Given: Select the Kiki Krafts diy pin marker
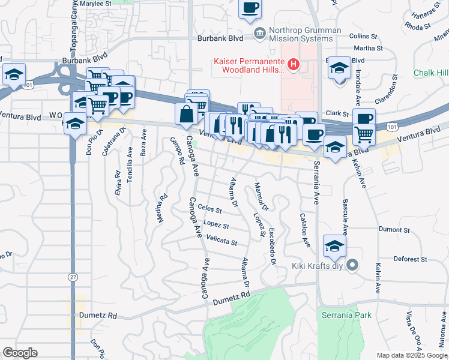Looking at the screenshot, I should coord(353,265).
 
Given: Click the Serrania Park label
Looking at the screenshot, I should coord(346,315).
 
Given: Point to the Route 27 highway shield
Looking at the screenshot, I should coord(73,277).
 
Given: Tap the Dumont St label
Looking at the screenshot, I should coord(394,229).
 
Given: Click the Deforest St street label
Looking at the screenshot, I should coord(410,260).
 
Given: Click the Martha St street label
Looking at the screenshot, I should coord(368,48).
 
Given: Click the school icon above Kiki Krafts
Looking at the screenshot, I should coord(335,245).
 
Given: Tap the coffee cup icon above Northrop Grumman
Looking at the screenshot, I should coord(250,8).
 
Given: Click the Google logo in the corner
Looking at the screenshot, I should coord(20,353).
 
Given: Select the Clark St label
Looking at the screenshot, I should coord(337,113).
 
